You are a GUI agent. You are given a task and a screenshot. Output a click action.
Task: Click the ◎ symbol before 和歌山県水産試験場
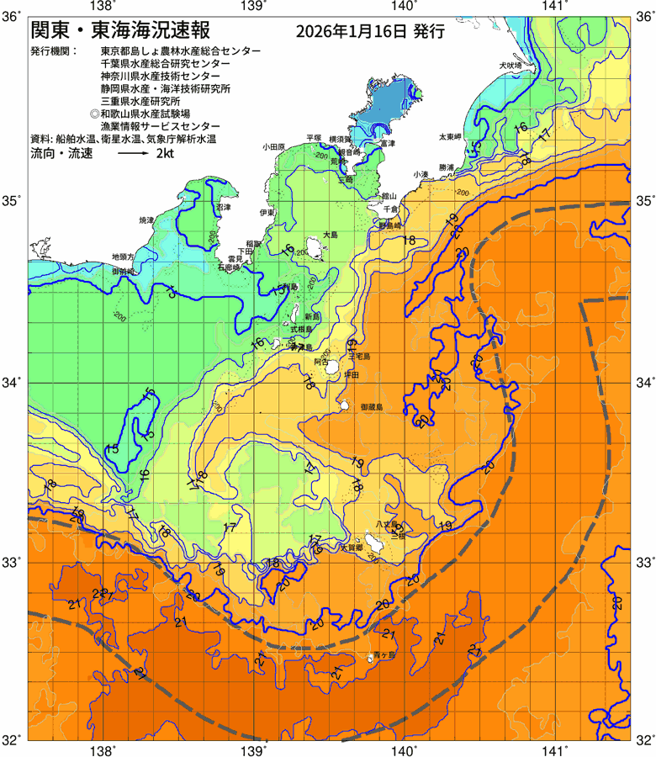click(x=95, y=113)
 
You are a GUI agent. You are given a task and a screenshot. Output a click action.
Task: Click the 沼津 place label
click(x=223, y=207)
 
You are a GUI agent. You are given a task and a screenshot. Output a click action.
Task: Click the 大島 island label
click(x=331, y=236)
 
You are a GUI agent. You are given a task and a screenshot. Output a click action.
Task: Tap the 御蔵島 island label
click(x=371, y=406)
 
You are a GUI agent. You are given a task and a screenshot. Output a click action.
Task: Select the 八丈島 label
click(x=387, y=523)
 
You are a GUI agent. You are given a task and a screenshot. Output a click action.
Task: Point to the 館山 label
click(x=388, y=193)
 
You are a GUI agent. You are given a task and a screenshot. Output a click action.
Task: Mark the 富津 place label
click(x=387, y=144)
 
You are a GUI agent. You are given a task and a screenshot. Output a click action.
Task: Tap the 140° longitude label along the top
click(x=404, y=7)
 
